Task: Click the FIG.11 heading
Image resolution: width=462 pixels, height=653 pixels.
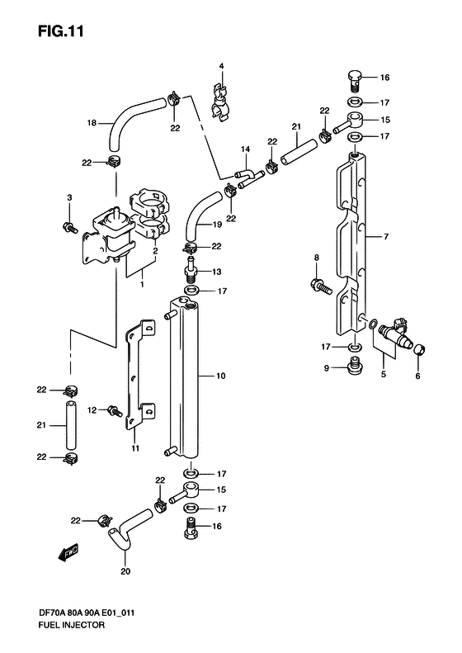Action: coord(61,31)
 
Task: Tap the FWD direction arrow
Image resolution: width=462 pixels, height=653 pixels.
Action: coord(68,552)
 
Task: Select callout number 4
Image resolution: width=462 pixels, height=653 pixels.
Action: coord(221,66)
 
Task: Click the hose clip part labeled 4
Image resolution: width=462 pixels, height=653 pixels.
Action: coord(219,102)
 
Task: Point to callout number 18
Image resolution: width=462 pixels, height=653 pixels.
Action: coord(92,123)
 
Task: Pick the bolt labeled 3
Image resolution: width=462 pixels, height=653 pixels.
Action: coord(70,227)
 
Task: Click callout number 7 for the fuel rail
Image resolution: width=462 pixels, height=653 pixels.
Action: coord(386,237)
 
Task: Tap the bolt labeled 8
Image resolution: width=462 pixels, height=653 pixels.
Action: coord(321,286)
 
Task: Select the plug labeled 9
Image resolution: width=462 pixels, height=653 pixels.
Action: coord(355,365)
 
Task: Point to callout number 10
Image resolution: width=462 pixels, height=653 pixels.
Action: coord(220,376)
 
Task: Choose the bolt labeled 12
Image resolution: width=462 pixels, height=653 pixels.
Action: coord(115,411)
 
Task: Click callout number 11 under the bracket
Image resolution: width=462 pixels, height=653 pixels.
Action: coord(135,448)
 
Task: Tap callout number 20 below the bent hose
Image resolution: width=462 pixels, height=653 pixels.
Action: coord(125,571)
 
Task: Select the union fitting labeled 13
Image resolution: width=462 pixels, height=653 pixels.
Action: coord(192,271)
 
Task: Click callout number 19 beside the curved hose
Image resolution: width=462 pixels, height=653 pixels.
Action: coord(217,225)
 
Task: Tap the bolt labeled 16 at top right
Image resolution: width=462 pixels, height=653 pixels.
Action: coord(355,81)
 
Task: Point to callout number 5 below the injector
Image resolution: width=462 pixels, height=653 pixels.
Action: coord(384,374)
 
